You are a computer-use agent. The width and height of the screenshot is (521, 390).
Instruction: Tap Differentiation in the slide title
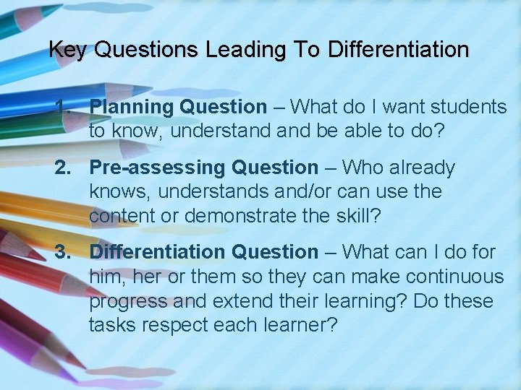pos(398,50)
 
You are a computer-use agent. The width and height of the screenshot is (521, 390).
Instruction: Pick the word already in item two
pos(419,168)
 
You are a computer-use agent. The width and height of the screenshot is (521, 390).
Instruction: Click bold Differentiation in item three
pos(157,252)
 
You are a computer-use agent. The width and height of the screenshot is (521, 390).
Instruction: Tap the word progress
pos(123,301)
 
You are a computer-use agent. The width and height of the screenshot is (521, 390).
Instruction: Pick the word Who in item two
pos(360,168)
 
